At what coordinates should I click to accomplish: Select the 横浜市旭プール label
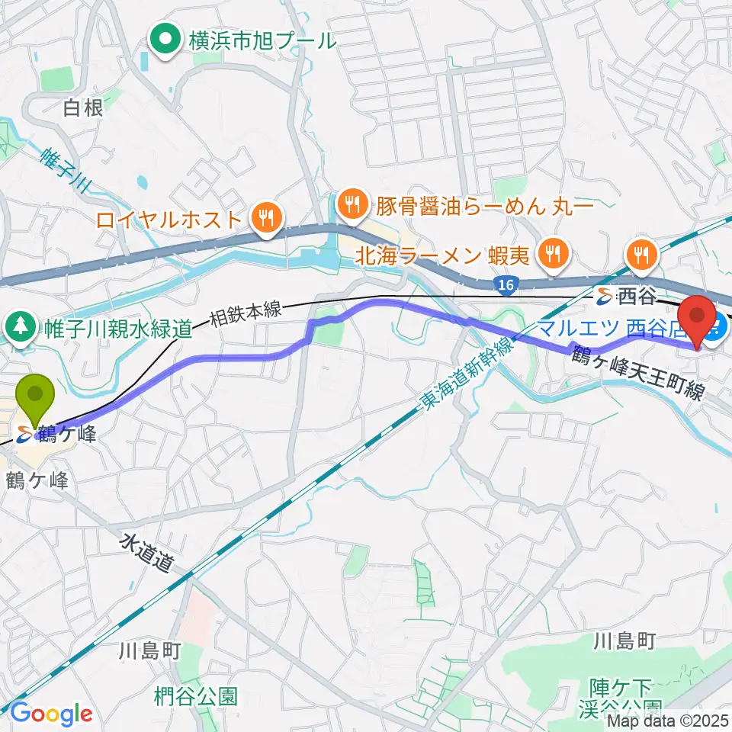[262, 40]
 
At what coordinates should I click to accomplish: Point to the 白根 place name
[83, 109]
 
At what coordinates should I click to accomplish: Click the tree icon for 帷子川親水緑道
[17, 329]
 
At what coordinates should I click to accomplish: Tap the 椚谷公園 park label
[196, 696]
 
